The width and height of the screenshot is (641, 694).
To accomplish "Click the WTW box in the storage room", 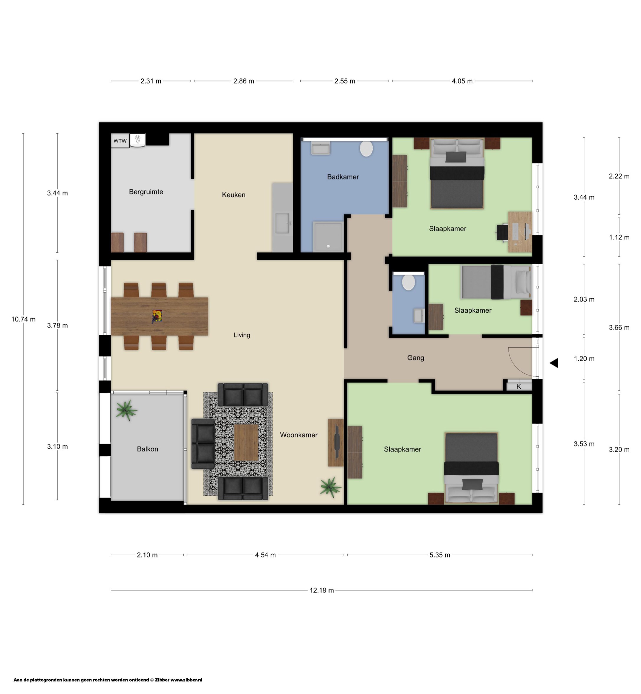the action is [120, 141].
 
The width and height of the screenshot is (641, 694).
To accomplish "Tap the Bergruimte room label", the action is [146, 192].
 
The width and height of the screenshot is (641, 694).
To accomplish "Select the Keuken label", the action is [234, 195].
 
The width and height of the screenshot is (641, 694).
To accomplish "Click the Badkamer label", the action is [343, 177].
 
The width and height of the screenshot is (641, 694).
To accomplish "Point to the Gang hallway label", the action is [416, 358].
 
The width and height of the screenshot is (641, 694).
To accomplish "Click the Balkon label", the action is [148, 449].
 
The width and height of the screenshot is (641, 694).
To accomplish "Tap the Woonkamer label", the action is [299, 435].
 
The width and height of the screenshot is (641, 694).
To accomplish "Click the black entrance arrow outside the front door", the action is [554, 363].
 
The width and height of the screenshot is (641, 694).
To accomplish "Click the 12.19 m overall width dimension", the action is [322, 590].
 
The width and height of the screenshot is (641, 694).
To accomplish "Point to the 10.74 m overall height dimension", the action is [23, 319].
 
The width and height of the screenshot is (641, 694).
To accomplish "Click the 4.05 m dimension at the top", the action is [462, 81].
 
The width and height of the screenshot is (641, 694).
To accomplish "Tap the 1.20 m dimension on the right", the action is [584, 359].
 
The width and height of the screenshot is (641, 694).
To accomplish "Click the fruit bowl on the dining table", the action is [157, 316].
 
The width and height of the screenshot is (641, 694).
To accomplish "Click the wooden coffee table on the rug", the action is [246, 442].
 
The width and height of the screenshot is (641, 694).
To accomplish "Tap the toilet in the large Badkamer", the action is [366, 148].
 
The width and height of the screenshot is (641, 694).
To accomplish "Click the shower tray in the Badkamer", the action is [328, 237].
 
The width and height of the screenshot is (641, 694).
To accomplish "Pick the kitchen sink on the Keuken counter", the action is [282, 223].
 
